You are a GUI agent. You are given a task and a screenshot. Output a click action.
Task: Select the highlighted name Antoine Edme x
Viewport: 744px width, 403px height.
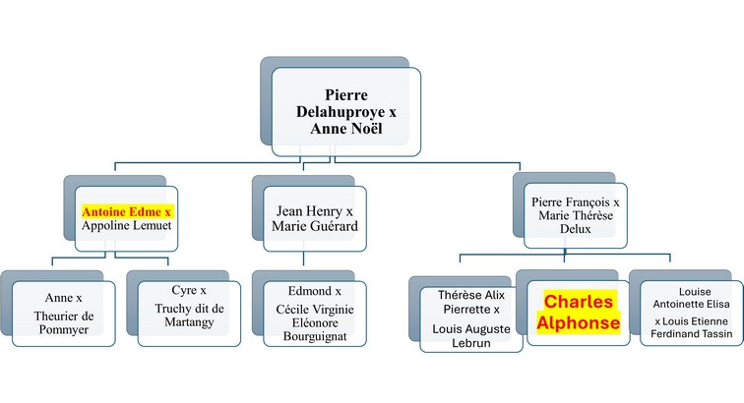(127, 211)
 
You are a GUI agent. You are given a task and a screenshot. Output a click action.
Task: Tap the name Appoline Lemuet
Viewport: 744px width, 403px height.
(126, 227)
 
